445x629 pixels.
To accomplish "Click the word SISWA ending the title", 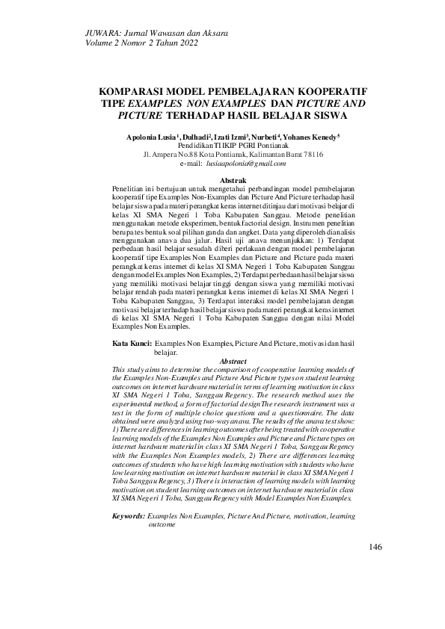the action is (x=311, y=117).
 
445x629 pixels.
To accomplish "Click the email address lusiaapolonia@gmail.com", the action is (x=247, y=163).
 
